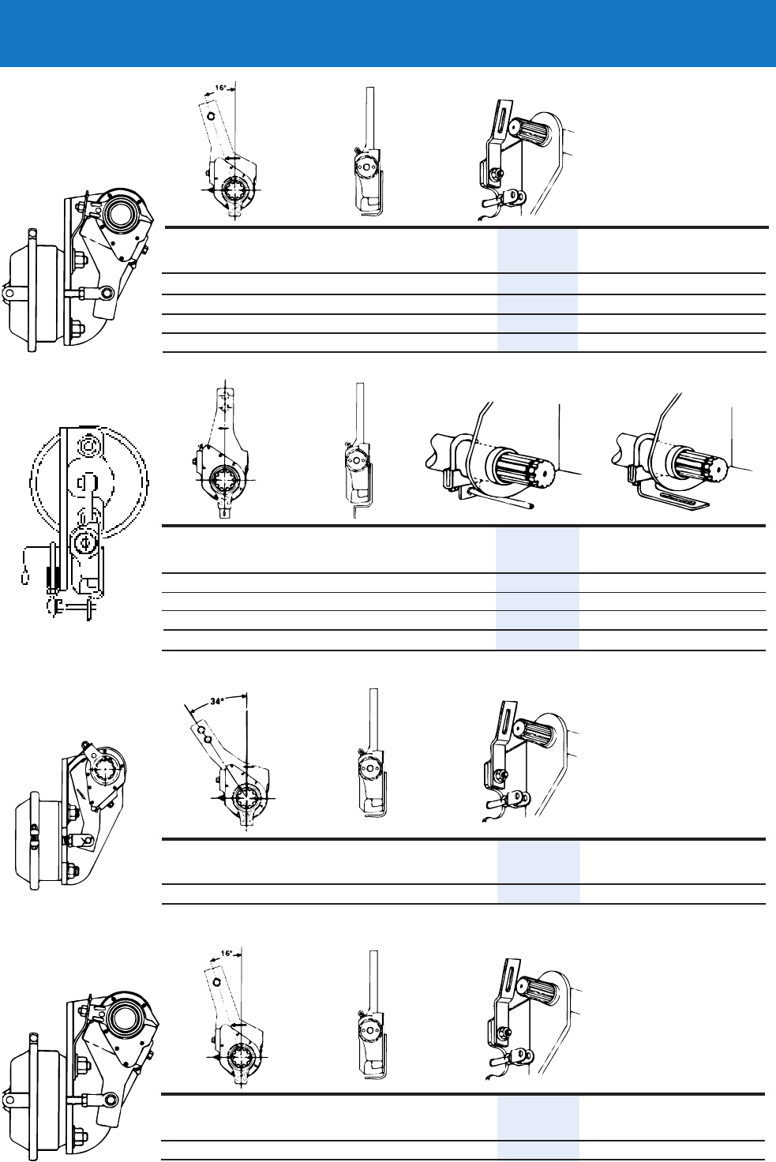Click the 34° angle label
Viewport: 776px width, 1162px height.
pos(218,700)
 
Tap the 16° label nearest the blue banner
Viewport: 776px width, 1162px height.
pos(220,88)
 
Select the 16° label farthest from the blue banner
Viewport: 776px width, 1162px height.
pos(227,954)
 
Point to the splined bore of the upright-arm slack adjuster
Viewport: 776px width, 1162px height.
pos(225,478)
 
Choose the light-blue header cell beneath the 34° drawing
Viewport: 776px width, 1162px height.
pos(538,861)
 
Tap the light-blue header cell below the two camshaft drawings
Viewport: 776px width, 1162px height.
pos(537,549)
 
